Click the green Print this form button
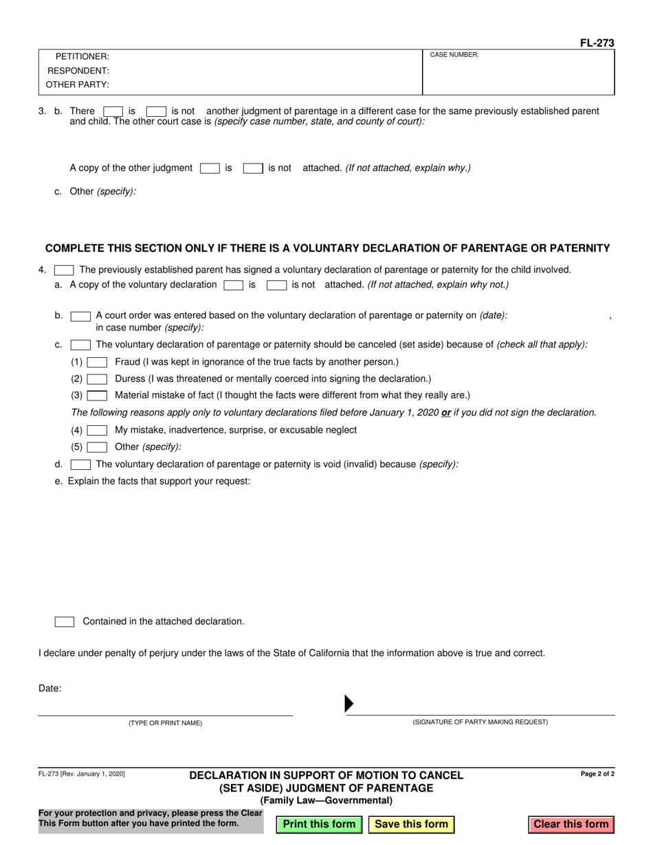[319, 824]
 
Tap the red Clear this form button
[571, 824]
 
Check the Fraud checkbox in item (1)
[97, 362]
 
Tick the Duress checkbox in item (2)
[97, 379]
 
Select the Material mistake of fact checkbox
[97, 396]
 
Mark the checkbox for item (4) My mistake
[97, 430]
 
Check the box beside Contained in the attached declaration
[65, 622]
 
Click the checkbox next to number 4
[64, 270]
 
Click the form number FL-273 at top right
[597, 43]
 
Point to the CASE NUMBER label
[454, 55]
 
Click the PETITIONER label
[82, 57]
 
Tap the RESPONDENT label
[78, 71]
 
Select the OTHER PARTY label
[77, 85]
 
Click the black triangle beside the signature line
[348, 703]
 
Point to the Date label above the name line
[49, 688]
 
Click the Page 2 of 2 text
[597, 774]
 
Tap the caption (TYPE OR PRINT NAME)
[165, 723]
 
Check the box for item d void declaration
[80, 464]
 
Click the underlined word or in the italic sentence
[446, 413]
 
